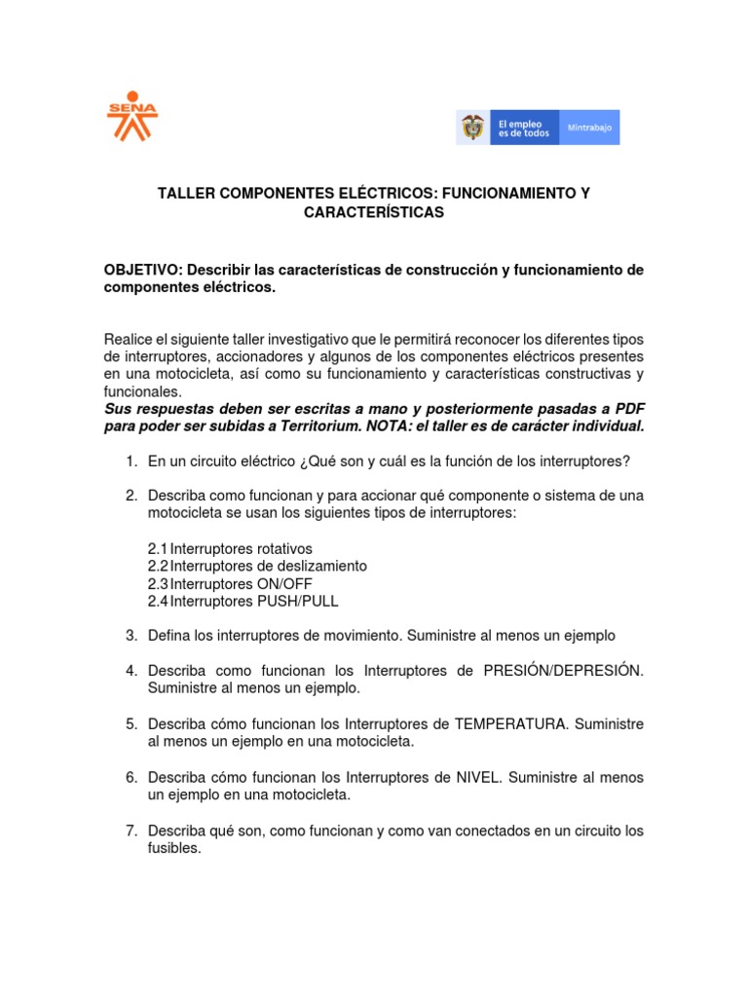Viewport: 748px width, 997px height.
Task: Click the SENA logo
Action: point(131,114)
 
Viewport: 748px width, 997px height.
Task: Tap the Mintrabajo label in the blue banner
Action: point(589,128)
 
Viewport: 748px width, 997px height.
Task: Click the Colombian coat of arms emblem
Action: point(473,128)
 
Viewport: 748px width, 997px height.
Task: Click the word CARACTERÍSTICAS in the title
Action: point(374,212)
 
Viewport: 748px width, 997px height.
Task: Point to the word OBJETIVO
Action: point(141,269)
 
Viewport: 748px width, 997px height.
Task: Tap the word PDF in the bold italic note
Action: point(626,409)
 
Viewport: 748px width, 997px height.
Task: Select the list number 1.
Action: point(131,461)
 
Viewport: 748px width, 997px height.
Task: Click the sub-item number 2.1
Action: point(158,548)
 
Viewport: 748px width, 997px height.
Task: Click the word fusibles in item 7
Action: point(173,848)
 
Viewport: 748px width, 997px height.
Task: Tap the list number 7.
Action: point(131,831)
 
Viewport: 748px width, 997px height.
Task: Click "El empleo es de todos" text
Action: point(523,128)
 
